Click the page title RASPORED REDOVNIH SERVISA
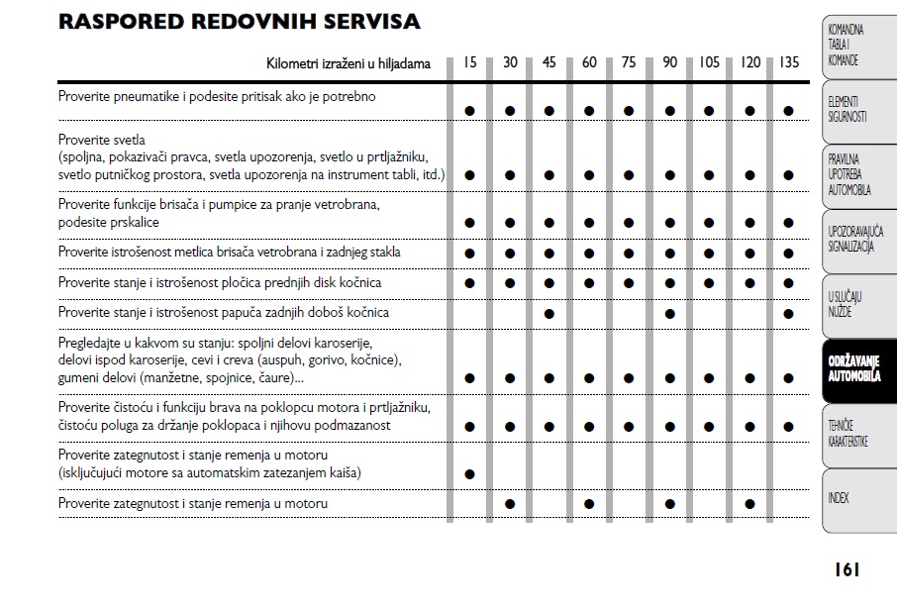239,22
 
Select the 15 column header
469,62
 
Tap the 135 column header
788,62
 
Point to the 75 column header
629,62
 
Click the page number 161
846,569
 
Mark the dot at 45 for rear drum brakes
549,314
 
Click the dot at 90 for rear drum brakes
669,314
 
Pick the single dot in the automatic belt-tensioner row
469,473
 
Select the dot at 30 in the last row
510,504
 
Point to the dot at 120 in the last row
749,504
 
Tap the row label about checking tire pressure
217,97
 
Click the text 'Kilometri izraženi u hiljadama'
349,63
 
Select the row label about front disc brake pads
220,283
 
